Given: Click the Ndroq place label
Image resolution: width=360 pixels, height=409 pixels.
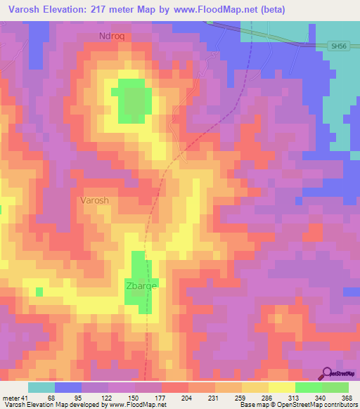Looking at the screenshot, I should pyautogui.click(x=112, y=36).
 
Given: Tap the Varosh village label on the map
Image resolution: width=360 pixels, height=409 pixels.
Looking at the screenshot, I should pyautogui.click(x=94, y=200).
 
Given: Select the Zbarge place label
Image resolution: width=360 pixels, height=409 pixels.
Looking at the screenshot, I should pyautogui.click(x=141, y=286).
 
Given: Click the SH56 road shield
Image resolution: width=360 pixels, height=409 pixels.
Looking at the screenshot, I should pyautogui.click(x=338, y=46).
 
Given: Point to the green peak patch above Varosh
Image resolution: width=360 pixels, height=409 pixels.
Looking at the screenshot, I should pyautogui.click(x=131, y=98).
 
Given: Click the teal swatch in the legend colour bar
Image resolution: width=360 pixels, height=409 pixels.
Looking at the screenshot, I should pyautogui.click(x=41, y=387).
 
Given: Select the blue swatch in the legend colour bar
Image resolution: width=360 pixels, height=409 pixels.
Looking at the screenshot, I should pyautogui.click(x=67, y=387).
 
